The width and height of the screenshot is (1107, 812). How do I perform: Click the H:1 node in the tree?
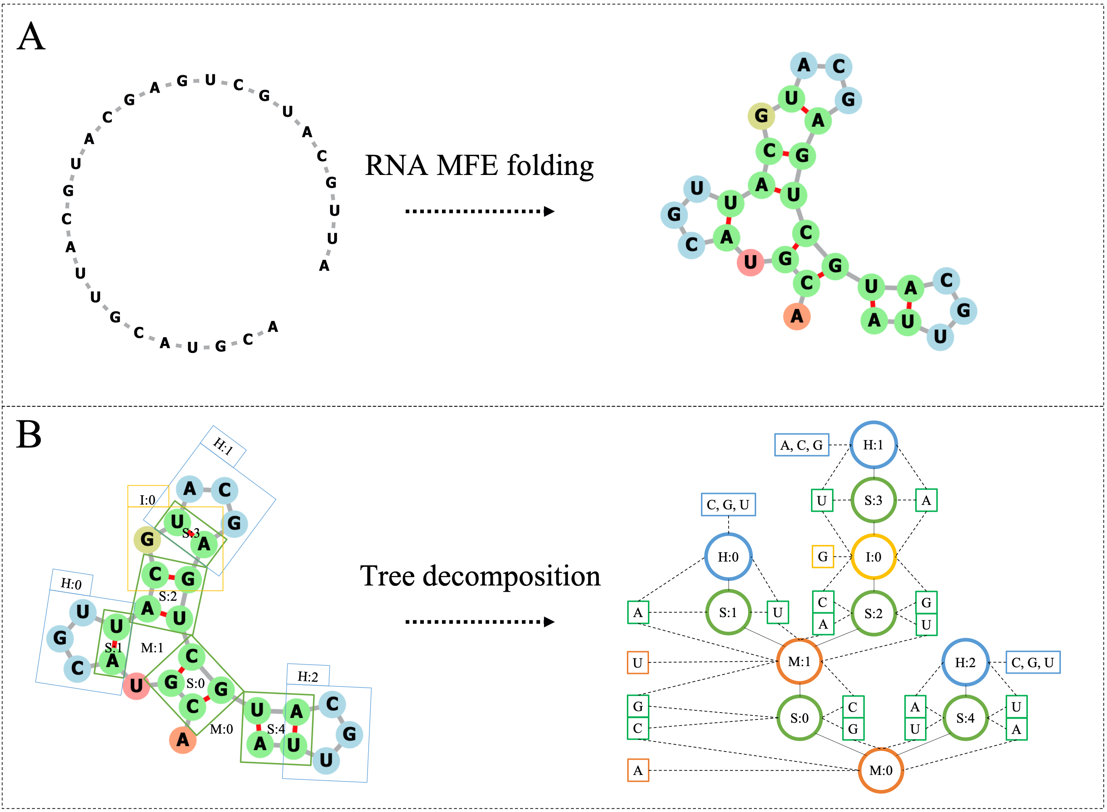873,445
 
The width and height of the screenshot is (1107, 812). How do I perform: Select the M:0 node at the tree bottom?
880,770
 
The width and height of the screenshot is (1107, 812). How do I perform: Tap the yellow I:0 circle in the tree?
873,557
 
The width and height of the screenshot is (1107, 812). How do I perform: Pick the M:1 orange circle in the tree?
799,662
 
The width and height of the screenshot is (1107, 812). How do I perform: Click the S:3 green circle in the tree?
873,500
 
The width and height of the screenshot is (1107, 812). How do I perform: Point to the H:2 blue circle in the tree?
965,662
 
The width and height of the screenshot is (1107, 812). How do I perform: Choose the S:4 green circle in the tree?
965,718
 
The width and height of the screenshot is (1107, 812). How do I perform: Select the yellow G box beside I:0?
822,557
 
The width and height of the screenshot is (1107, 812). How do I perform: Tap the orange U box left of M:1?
638,662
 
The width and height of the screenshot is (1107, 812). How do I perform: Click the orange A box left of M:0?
638,770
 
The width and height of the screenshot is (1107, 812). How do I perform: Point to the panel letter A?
31,37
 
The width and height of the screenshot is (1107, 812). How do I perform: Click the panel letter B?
29,435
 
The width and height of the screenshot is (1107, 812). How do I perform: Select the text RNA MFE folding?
479,166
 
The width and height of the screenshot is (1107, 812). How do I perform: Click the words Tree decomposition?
480,576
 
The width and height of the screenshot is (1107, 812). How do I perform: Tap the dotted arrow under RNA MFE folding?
479,211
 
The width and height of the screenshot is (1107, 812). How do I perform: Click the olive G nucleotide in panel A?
761,116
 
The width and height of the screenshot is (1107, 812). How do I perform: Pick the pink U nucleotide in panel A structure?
750,262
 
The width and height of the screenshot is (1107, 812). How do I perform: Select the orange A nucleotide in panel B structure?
182,739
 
